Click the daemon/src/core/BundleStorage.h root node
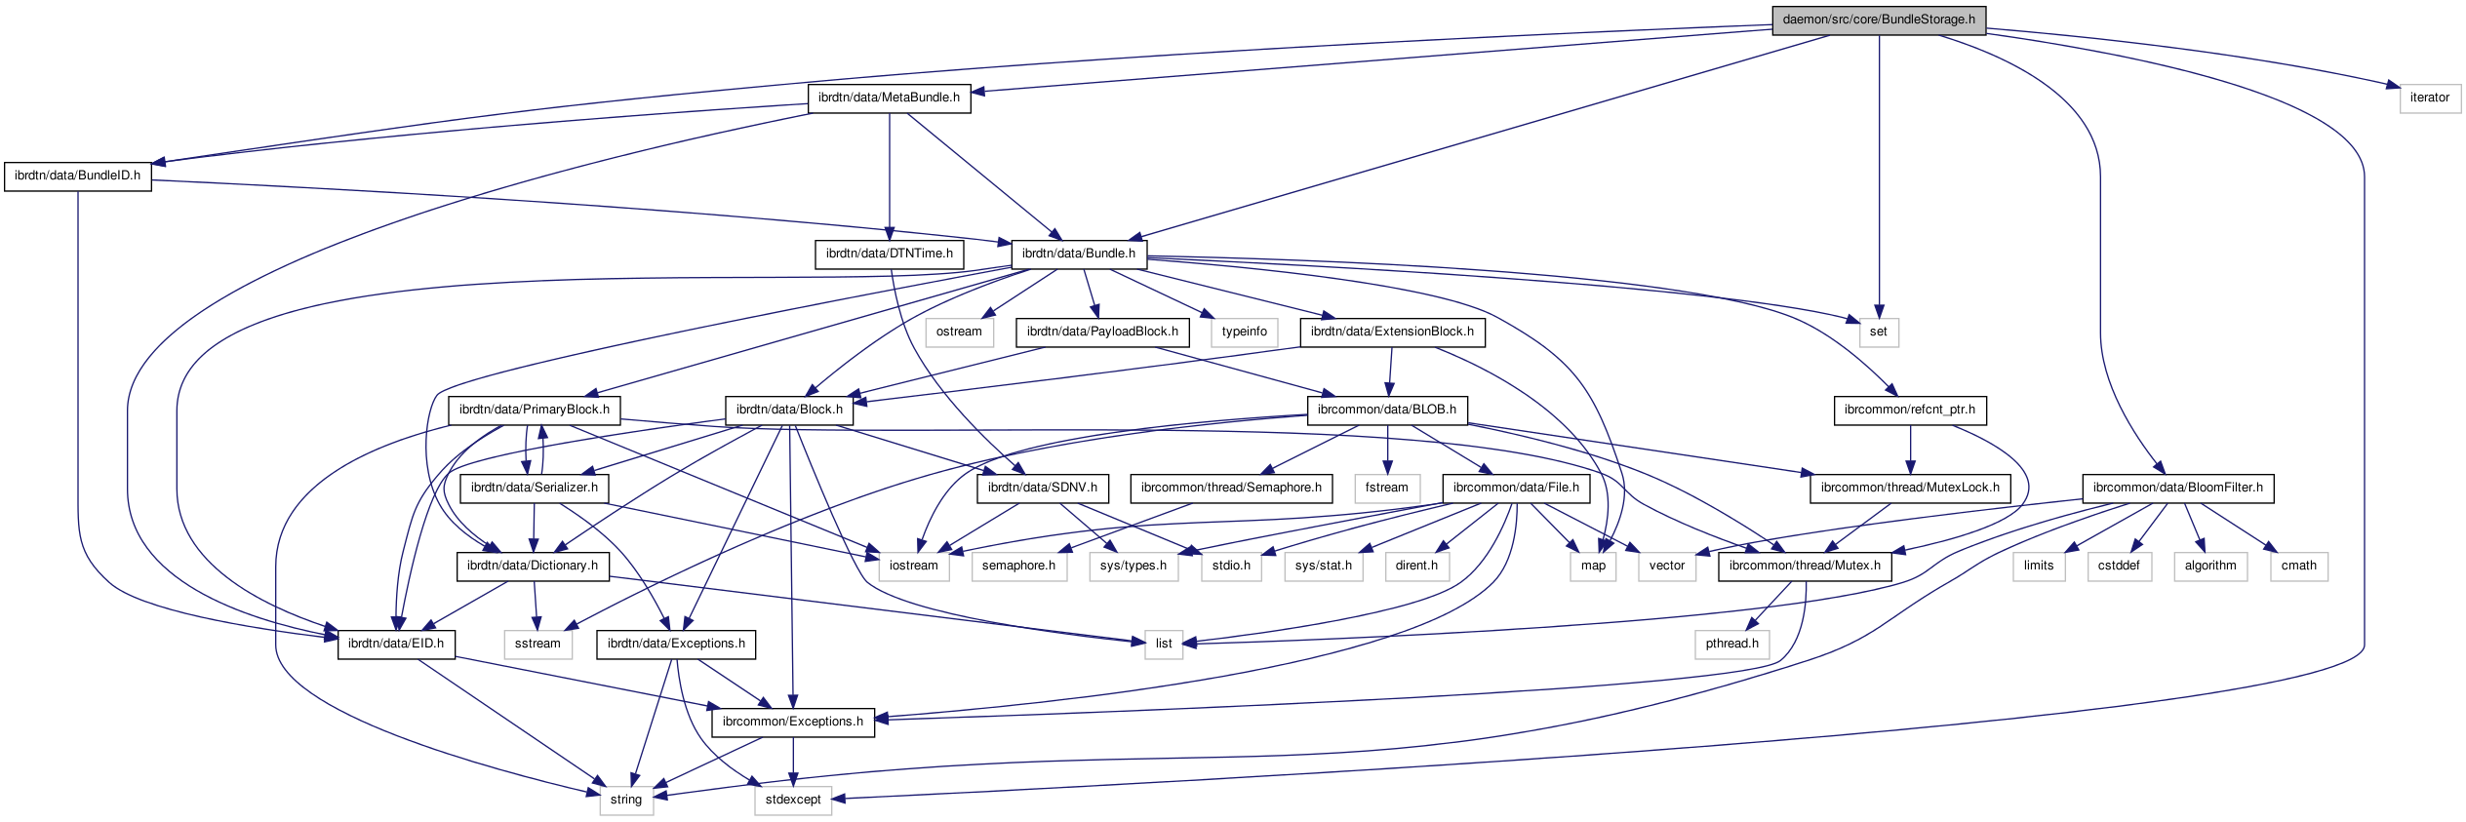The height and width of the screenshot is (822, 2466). (x=1878, y=20)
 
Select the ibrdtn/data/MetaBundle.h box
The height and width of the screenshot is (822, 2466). (x=889, y=98)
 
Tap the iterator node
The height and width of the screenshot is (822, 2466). (x=2429, y=98)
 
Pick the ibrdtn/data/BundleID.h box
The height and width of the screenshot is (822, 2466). (x=77, y=176)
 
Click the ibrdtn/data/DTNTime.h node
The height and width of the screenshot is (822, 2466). (x=889, y=254)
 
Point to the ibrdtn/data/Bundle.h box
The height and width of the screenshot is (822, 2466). (x=1078, y=254)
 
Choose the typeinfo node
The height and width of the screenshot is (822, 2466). (x=1244, y=332)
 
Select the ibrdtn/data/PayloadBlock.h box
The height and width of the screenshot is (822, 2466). (x=1102, y=332)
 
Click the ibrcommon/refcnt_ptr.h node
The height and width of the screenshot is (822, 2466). (x=1909, y=410)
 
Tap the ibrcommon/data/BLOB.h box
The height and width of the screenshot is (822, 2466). (x=1386, y=410)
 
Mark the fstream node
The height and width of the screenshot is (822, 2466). (x=1386, y=488)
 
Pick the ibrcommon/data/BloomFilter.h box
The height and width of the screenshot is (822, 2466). (x=2177, y=488)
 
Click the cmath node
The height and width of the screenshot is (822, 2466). (x=2298, y=566)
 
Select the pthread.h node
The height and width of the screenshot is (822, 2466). (x=1731, y=644)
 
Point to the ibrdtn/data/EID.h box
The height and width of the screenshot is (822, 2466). (x=396, y=644)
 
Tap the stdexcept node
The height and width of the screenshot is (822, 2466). (x=792, y=800)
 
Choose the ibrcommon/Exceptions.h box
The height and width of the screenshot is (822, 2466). (x=792, y=722)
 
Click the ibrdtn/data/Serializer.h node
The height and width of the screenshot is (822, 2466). (x=534, y=488)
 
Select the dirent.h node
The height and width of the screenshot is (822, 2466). (x=1415, y=566)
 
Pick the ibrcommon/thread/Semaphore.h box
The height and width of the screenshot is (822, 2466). (x=1230, y=488)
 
